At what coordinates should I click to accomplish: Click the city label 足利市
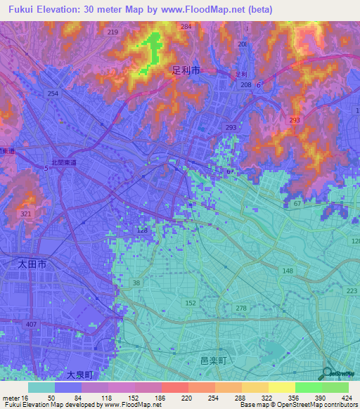pyautogui.click(x=186, y=71)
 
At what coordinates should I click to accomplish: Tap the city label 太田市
pyautogui.click(x=32, y=264)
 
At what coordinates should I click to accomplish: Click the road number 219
pyautogui.click(x=113, y=32)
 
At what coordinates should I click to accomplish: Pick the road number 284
pyautogui.click(x=186, y=27)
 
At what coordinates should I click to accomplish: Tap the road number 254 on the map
pyautogui.click(x=53, y=93)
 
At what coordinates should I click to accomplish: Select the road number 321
pyautogui.click(x=26, y=214)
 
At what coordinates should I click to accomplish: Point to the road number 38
pyautogui.click(x=136, y=283)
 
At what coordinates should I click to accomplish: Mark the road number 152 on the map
pyautogui.click(x=191, y=303)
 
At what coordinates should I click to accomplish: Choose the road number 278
pyautogui.click(x=241, y=309)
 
